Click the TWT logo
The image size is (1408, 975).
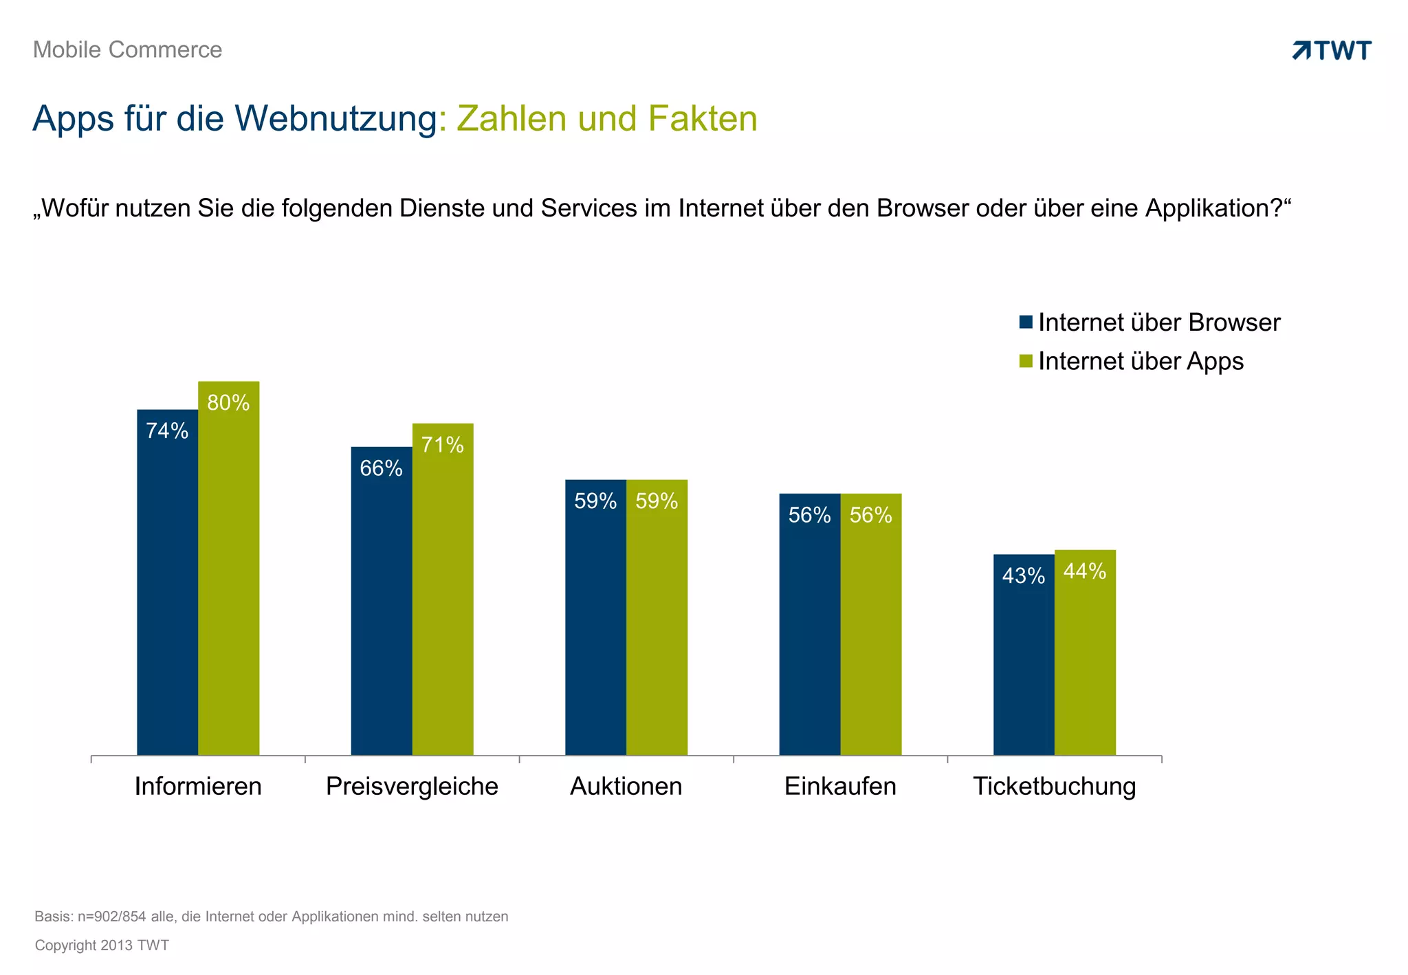[1332, 50]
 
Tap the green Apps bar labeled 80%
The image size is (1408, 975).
[228, 571]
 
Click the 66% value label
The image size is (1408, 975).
[381, 468]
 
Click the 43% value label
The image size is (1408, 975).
[1023, 576]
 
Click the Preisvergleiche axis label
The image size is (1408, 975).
[412, 786]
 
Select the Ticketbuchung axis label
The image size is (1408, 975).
[1054, 786]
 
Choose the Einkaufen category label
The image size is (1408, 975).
[840, 786]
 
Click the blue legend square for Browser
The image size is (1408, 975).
[1026, 322]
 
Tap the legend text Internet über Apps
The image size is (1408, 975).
[1141, 361]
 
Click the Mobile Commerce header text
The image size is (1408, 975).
[127, 50]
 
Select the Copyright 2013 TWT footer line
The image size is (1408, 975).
[102, 945]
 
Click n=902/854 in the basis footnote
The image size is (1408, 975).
[111, 917]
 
